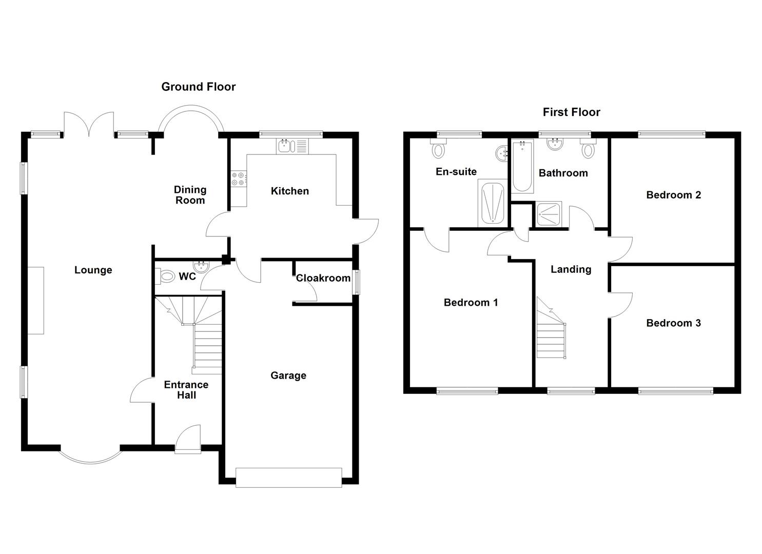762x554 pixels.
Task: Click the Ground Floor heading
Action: click(198, 87)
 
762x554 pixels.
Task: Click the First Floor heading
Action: click(571, 112)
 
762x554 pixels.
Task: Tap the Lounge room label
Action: click(93, 270)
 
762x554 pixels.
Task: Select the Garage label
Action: click(288, 375)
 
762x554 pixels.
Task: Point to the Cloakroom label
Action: click(323, 278)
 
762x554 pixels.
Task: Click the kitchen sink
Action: click(292, 146)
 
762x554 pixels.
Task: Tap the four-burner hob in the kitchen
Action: click(239, 179)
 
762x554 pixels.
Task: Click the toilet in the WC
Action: click(166, 277)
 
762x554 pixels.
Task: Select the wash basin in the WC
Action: click(200, 266)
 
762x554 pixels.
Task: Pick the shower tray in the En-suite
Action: click(493, 203)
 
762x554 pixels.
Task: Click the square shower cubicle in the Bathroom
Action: click(549, 214)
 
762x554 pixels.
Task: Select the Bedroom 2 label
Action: click(673, 195)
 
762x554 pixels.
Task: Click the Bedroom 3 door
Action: click(620, 305)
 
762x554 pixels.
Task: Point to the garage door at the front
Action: click(288, 477)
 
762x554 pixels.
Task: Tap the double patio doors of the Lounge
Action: click(89, 125)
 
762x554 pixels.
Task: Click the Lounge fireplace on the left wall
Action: click(36, 300)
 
